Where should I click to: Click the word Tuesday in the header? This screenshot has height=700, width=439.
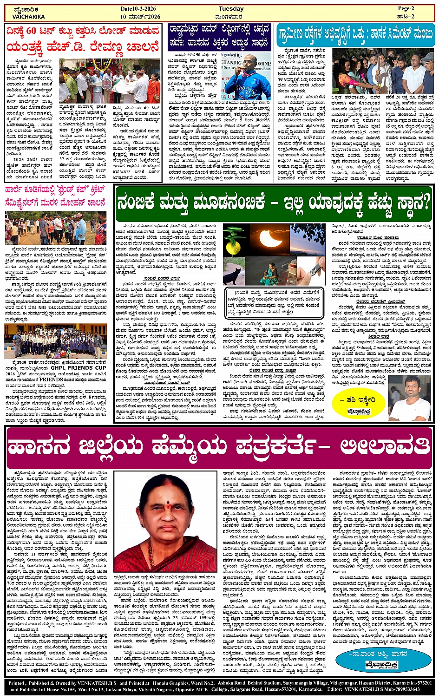[x=231, y=9]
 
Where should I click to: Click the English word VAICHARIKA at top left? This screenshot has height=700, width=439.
[x=29, y=17]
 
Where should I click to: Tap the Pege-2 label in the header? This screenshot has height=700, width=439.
[x=405, y=9]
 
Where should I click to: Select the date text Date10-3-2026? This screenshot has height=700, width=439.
[x=139, y=9]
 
